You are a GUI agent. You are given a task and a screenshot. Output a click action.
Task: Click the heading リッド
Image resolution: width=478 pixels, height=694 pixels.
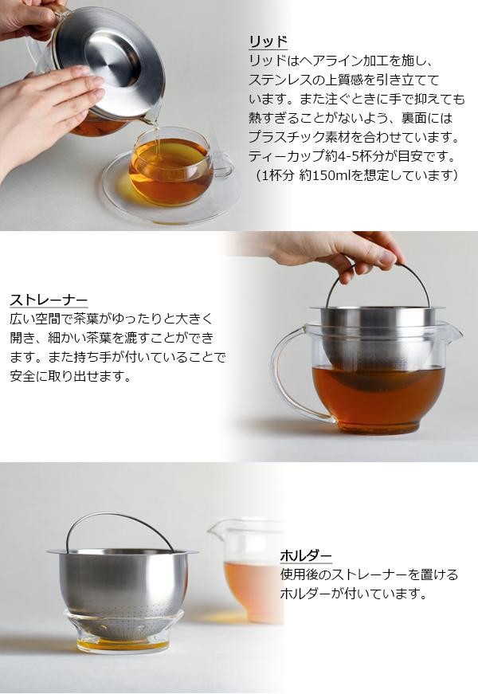[268, 41]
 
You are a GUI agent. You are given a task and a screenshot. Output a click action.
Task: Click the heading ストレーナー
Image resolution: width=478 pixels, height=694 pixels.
[49, 300]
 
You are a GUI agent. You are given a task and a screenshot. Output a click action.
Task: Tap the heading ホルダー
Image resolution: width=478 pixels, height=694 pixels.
[306, 555]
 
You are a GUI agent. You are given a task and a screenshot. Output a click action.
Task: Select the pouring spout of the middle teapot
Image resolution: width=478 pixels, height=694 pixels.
[453, 331]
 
